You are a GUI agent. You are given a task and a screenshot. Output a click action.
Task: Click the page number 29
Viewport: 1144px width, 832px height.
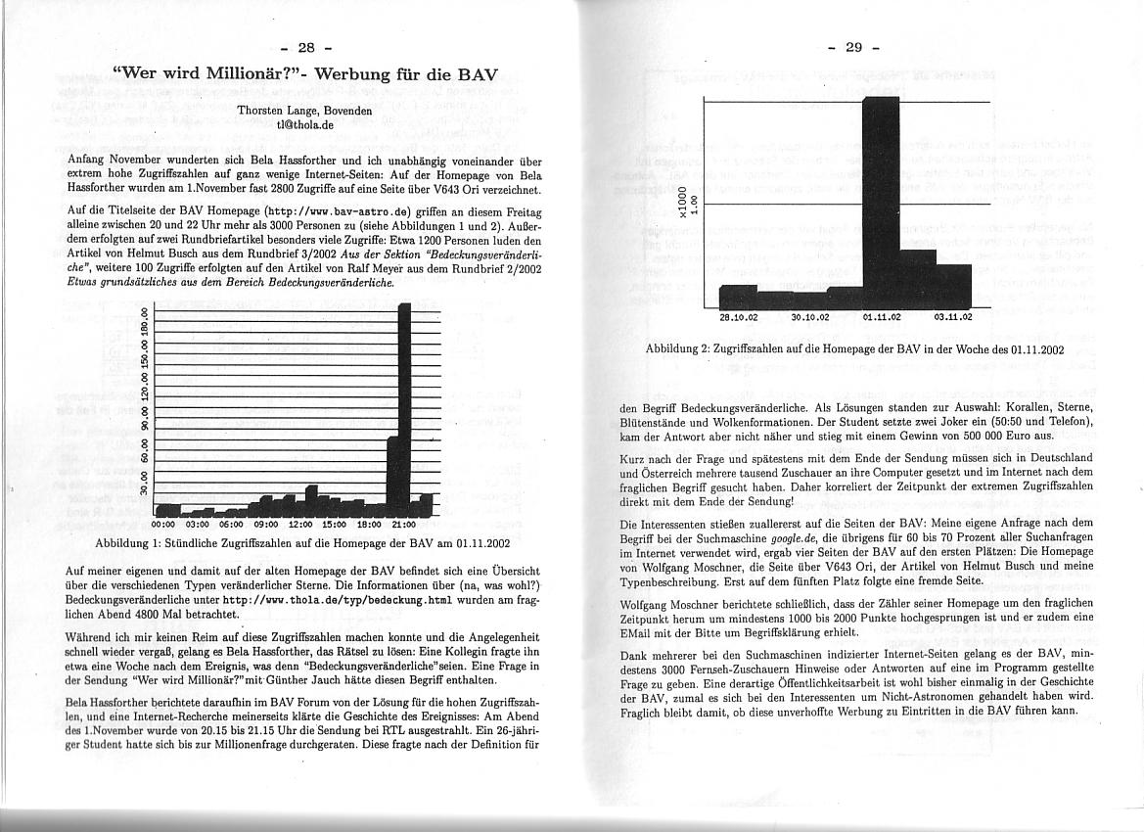tap(852, 47)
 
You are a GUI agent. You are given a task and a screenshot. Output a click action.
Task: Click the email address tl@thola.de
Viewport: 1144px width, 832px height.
tap(305, 125)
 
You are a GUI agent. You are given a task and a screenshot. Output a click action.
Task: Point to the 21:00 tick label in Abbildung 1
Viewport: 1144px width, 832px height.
tap(403, 524)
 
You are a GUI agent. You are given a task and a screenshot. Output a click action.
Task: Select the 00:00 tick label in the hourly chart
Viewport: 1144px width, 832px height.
tap(165, 524)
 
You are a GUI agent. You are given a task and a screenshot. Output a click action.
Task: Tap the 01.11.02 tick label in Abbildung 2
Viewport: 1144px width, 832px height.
tap(882, 317)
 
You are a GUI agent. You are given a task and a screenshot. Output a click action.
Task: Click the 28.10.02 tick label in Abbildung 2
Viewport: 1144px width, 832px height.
tap(739, 317)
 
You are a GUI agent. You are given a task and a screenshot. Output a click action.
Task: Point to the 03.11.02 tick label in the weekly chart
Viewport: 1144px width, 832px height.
tap(953, 317)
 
